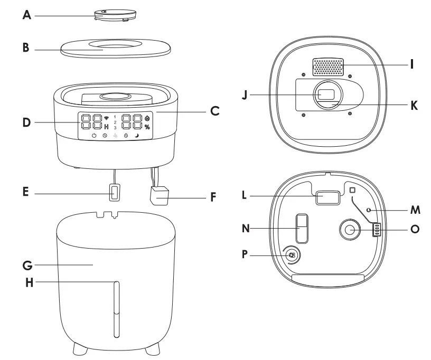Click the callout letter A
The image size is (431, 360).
coord(27,15)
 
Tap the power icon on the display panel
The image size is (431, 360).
coord(93,136)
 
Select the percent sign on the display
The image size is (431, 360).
coord(147,127)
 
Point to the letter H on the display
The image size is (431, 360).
coord(106,127)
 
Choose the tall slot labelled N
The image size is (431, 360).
coord(301,228)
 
